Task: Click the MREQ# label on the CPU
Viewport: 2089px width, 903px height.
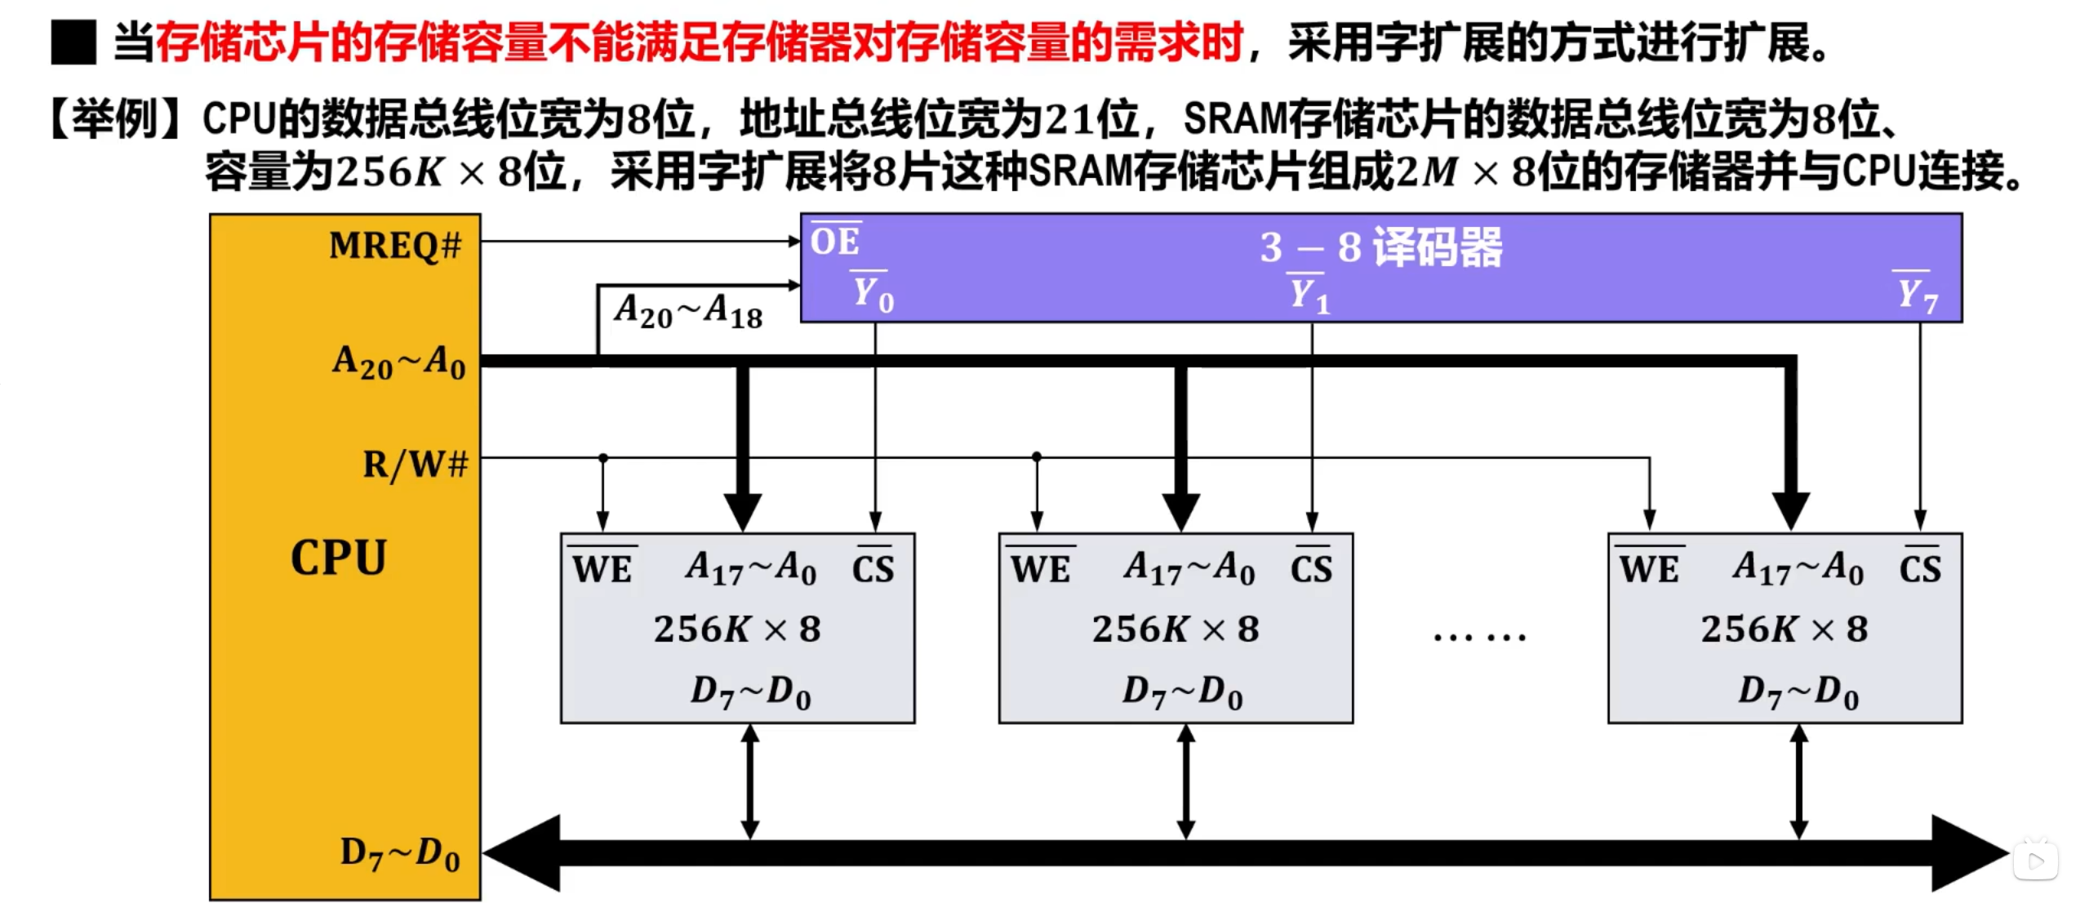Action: pyautogui.click(x=395, y=245)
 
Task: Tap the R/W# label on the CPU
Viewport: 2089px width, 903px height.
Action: pyautogui.click(x=416, y=465)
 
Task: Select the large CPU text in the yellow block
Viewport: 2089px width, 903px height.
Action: pyautogui.click(x=339, y=558)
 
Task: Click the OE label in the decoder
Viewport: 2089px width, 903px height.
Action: pyautogui.click(x=835, y=242)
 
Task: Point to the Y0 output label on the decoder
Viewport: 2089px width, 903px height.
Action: pyautogui.click(x=873, y=294)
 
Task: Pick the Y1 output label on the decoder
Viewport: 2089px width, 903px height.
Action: pyautogui.click(x=1309, y=295)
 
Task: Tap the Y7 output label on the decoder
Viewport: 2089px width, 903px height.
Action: pyautogui.click(x=1916, y=295)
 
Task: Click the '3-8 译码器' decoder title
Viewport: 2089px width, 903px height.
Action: pyautogui.click(x=1380, y=247)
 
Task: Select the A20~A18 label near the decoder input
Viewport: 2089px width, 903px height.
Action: pyautogui.click(x=688, y=312)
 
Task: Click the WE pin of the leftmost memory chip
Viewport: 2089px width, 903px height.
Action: pyautogui.click(x=602, y=568)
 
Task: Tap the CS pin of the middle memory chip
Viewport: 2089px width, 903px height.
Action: pyautogui.click(x=1311, y=568)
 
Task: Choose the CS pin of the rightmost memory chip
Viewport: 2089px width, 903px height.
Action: pyautogui.click(x=1920, y=568)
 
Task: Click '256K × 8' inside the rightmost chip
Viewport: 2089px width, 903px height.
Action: pyautogui.click(x=1785, y=629)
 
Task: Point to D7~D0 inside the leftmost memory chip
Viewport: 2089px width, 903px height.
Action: pyautogui.click(x=750, y=692)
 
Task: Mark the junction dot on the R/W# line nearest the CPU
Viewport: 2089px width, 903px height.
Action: pyautogui.click(x=603, y=458)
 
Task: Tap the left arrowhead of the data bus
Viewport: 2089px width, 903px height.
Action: pyautogui.click(x=522, y=853)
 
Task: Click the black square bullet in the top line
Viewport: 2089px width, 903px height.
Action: pyautogui.click(x=73, y=42)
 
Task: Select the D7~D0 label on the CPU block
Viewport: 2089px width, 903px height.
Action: pyautogui.click(x=400, y=854)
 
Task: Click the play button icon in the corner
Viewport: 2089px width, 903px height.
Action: pyautogui.click(x=2036, y=861)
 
